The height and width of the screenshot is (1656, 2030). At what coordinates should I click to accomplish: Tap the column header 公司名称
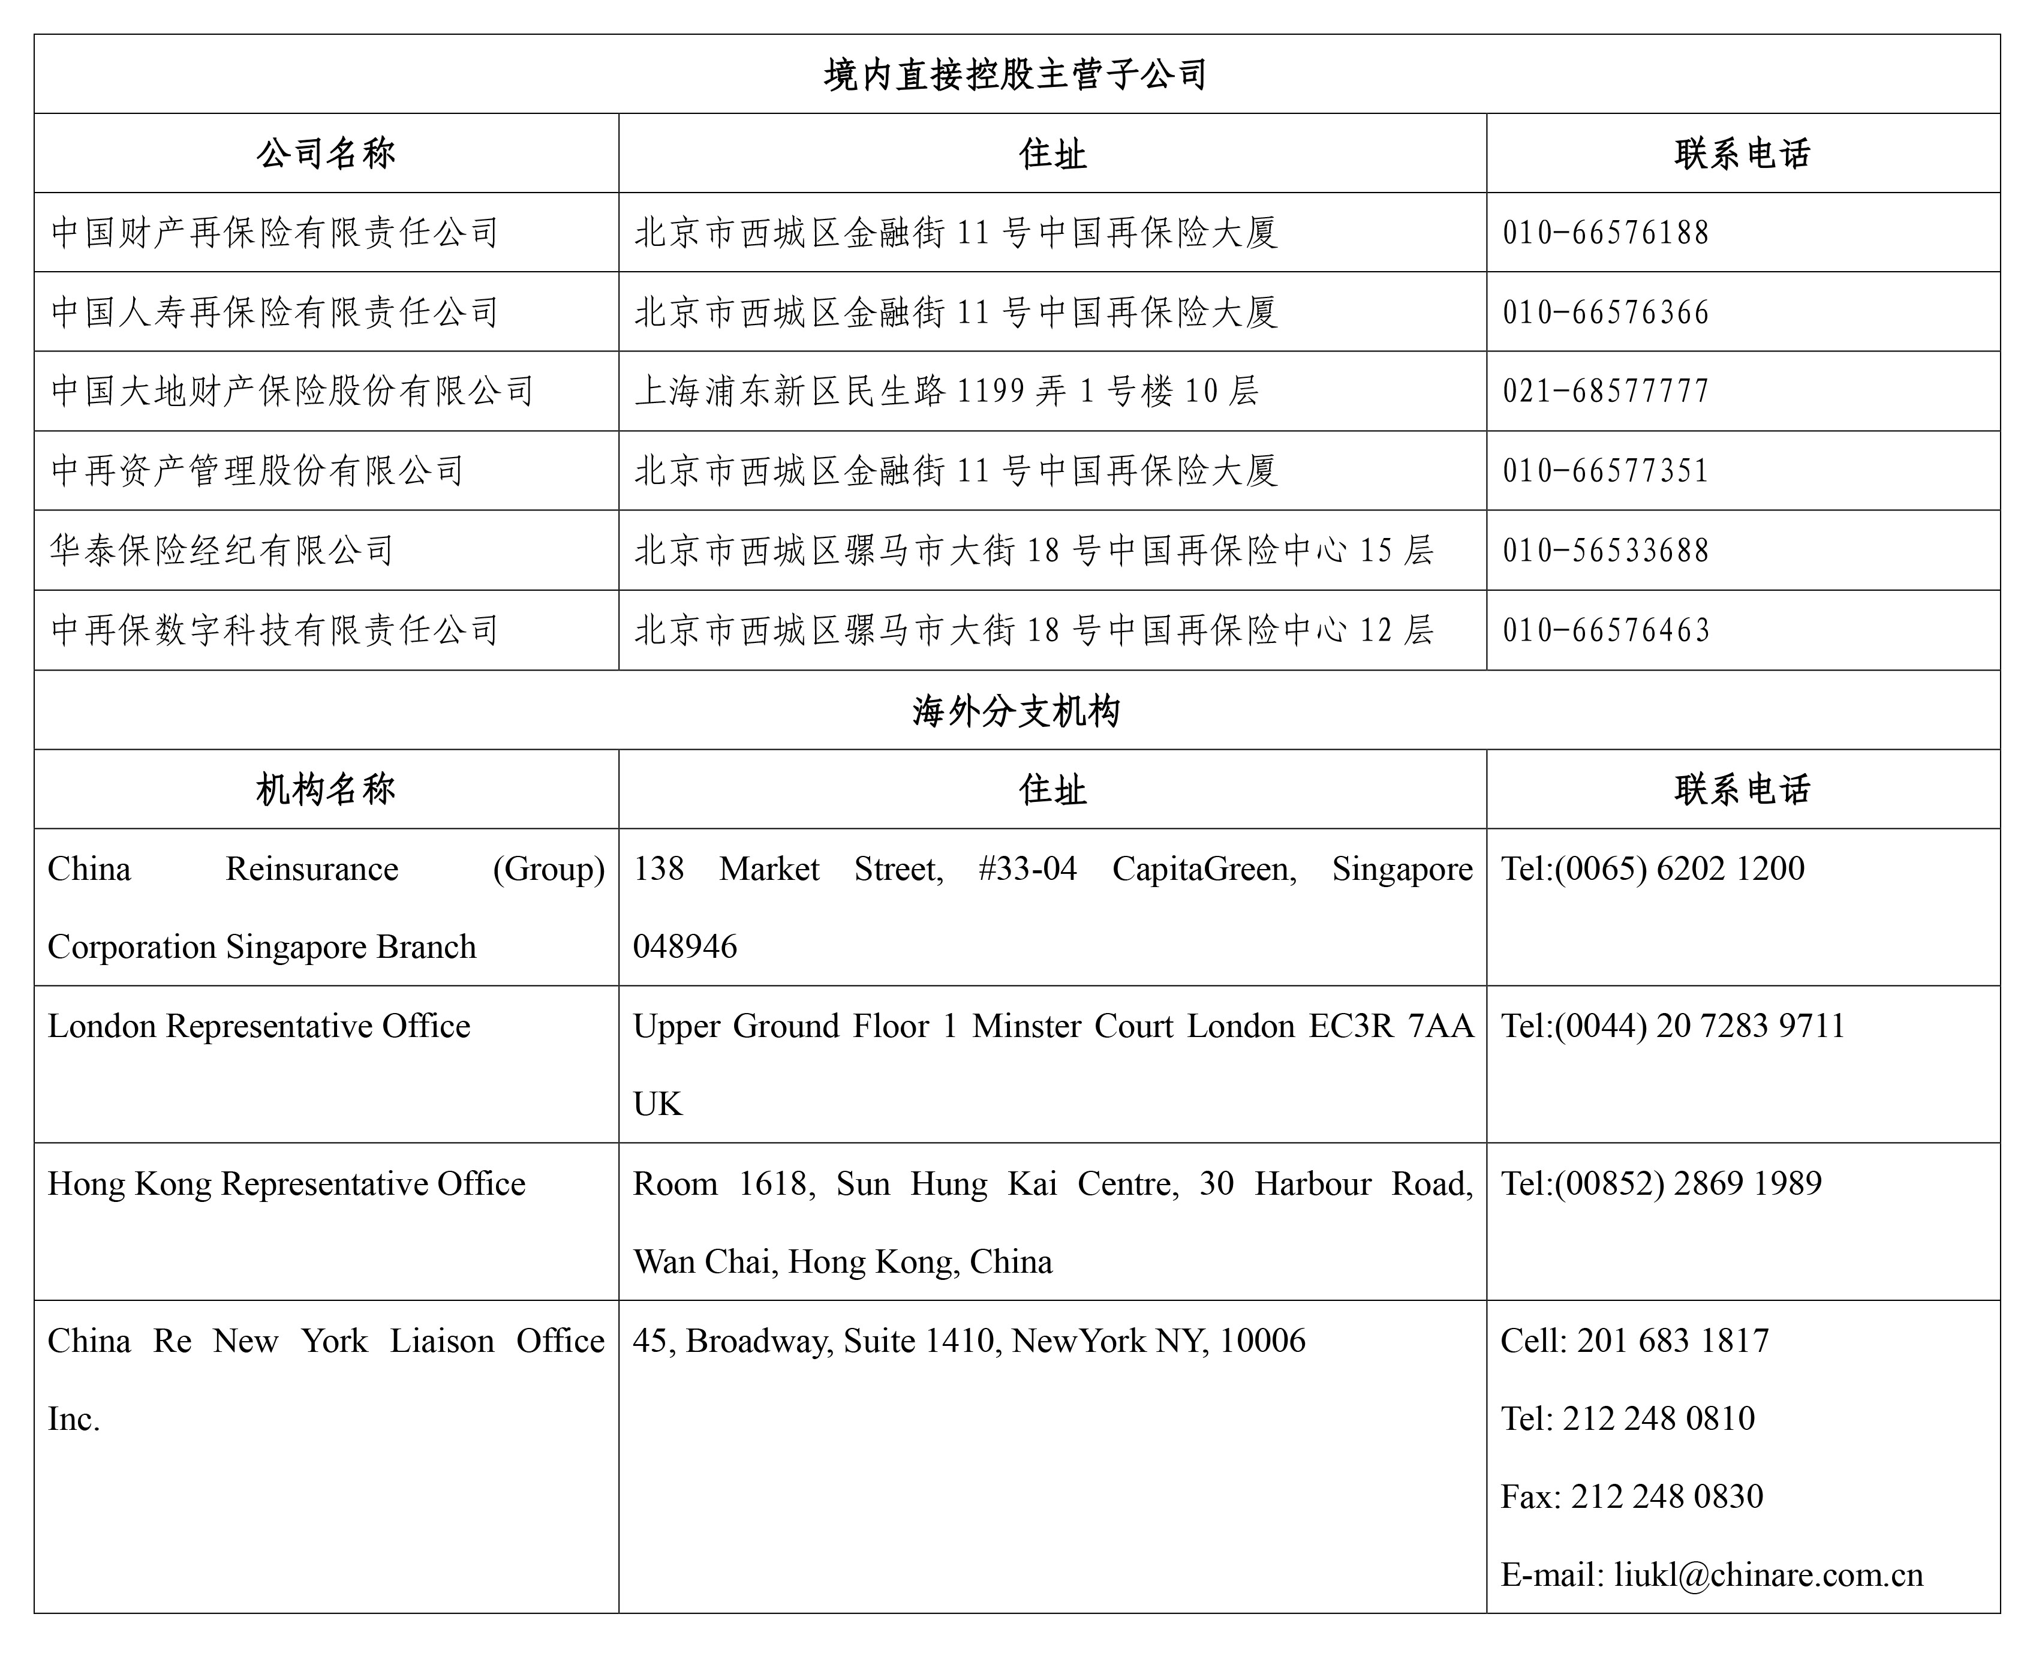tap(325, 154)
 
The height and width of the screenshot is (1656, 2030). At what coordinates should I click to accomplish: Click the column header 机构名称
tap(325, 789)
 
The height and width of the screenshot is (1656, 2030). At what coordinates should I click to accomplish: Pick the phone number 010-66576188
tap(1605, 233)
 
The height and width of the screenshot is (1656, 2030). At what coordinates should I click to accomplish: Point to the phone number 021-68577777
tap(1605, 391)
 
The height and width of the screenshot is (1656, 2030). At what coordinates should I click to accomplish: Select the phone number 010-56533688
tap(1605, 551)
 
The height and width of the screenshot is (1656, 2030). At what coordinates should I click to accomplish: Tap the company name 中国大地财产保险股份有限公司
tap(292, 391)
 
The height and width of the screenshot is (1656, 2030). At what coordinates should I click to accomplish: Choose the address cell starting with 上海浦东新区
tap(946, 391)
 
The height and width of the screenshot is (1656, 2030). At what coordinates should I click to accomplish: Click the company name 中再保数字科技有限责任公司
tap(275, 630)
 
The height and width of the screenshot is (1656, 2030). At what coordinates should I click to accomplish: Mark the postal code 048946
tap(685, 946)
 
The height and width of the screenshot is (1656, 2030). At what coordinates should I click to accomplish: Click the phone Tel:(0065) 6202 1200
tap(1652, 868)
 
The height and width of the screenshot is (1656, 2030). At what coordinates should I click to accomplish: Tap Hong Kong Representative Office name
tap(286, 1183)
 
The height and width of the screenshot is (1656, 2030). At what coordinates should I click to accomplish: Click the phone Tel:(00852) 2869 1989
tap(1661, 1183)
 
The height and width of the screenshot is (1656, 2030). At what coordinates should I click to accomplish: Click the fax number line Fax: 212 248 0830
tap(1631, 1496)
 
